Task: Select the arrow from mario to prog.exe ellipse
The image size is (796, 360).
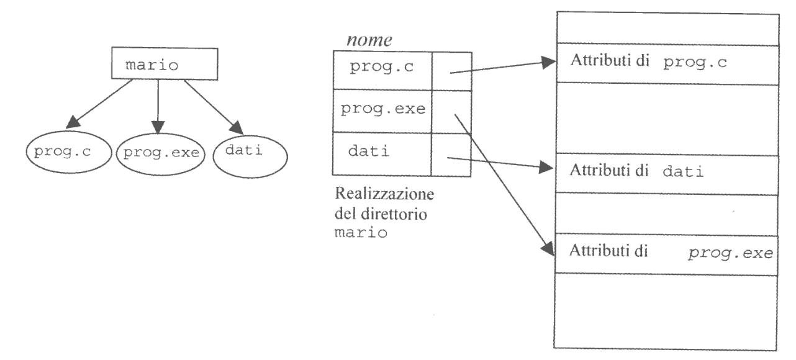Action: click(x=158, y=102)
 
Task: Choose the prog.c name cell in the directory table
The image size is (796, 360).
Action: click(x=381, y=68)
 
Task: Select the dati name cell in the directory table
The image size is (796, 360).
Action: click(x=381, y=153)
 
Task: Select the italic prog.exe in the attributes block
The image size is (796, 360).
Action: click(x=728, y=254)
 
